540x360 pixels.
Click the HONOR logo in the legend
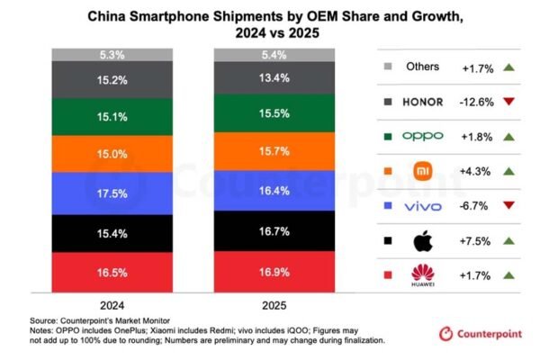click(421, 101)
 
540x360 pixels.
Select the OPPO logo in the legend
click(421, 137)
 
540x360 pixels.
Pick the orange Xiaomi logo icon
click(421, 171)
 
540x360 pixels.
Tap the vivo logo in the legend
click(421, 205)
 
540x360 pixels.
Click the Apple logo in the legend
click(421, 239)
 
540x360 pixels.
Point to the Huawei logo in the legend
click(421, 274)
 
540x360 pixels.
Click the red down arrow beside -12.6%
click(509, 102)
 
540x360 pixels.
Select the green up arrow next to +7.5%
click(509, 240)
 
